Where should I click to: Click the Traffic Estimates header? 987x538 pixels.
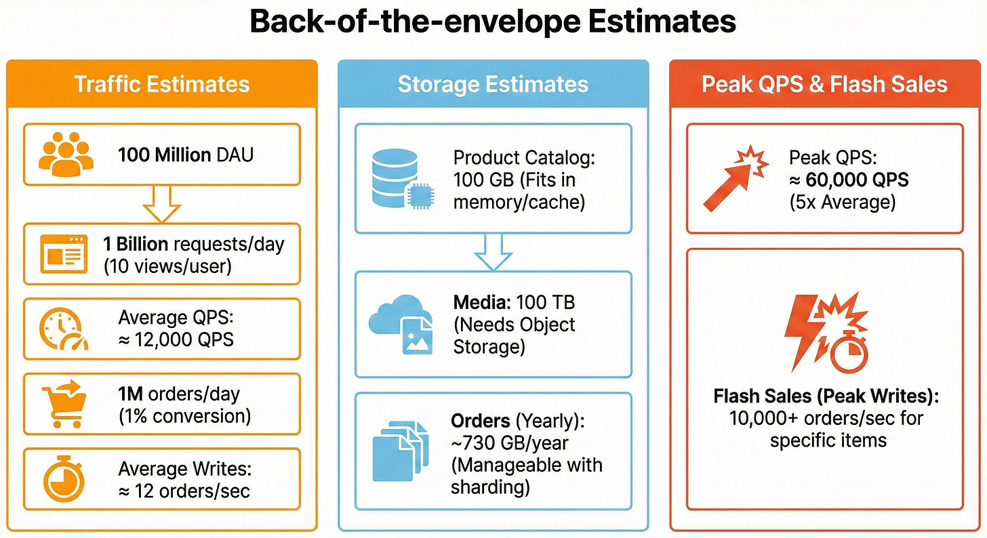[x=161, y=84]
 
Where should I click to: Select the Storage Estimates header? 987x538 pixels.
[x=493, y=84]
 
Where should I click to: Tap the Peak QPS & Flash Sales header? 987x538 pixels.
[x=824, y=84]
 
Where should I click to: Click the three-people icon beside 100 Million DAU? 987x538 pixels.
[x=66, y=154]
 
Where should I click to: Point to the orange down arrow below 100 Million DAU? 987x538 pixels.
[x=162, y=203]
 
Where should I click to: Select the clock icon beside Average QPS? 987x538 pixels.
[x=63, y=329]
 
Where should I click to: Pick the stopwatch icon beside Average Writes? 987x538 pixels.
[x=63, y=479]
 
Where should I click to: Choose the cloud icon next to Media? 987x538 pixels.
[x=400, y=324]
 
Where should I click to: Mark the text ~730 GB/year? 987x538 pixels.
[x=510, y=443]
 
